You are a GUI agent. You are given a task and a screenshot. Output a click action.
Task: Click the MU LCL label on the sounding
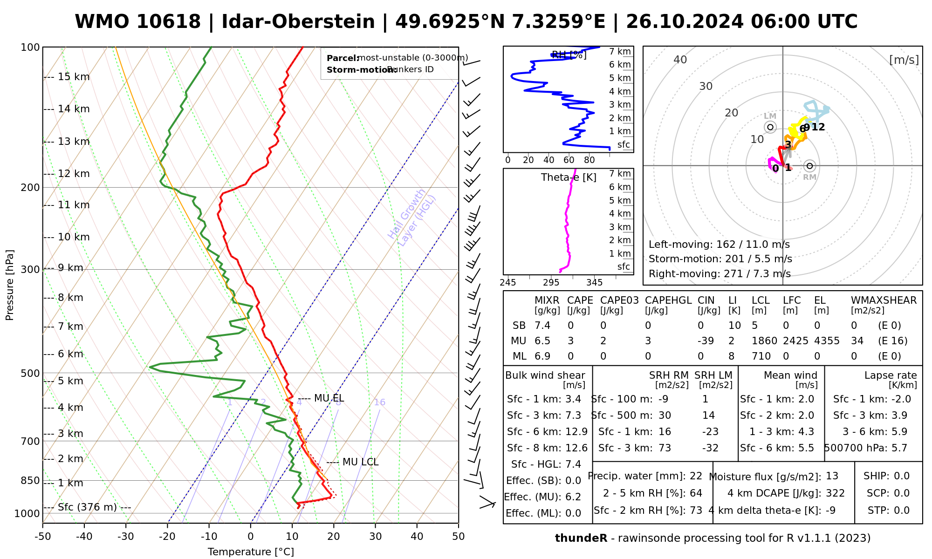360,462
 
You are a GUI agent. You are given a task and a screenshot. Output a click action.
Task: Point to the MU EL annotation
329,398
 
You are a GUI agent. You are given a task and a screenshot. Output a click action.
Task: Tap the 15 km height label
74,77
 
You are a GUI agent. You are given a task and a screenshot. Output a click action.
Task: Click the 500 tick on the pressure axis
31,373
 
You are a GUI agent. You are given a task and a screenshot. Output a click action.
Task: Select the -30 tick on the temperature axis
126,537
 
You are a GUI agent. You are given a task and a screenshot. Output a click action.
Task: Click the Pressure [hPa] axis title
10,285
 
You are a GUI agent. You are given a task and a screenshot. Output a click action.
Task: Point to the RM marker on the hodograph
810,166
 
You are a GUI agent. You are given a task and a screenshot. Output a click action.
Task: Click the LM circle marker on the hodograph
770,127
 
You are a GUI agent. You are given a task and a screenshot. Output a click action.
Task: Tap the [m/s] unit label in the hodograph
904,60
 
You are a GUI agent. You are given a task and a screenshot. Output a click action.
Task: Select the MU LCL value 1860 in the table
764,341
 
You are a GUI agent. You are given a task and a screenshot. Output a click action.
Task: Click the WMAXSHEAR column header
884,300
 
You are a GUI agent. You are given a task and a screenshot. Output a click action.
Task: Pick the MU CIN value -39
706,341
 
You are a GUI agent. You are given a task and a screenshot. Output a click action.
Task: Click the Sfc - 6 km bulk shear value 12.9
576,432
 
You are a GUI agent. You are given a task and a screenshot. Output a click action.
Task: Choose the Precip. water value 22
696,476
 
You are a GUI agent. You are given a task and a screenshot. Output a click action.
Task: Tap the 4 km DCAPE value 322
835,493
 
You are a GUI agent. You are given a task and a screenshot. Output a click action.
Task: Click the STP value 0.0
902,511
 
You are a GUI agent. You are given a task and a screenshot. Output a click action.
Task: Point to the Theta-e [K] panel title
569,177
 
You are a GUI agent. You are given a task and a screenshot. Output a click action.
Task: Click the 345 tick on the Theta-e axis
594,283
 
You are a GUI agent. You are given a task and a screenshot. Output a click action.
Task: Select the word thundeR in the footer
581,539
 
